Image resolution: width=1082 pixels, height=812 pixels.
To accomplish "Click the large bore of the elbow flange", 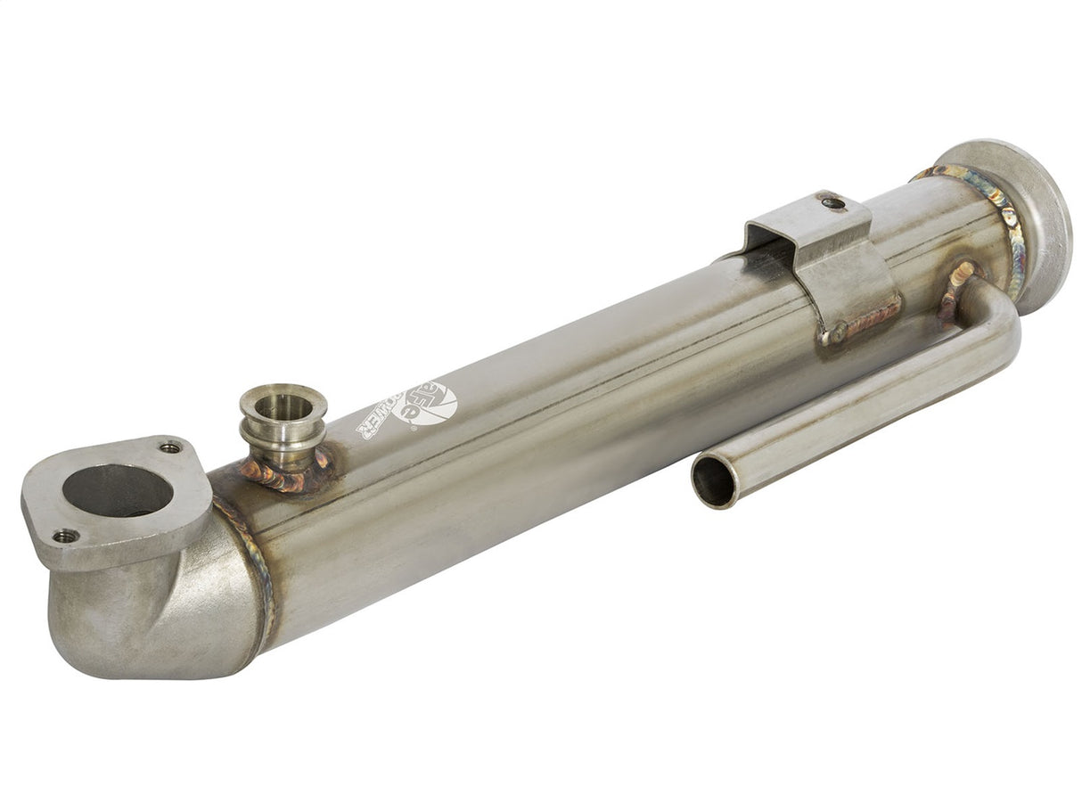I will tap(117, 490).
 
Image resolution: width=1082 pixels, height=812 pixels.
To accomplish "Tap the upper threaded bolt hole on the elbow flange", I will tap(169, 447).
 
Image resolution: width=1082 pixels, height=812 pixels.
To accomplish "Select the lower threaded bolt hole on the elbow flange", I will tap(65, 536).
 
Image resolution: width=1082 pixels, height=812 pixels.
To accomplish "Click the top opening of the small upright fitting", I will tap(283, 404).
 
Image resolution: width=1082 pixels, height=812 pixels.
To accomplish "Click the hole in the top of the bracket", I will tap(832, 203).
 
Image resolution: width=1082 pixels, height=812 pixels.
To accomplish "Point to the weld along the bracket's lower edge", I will tap(860, 323).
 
